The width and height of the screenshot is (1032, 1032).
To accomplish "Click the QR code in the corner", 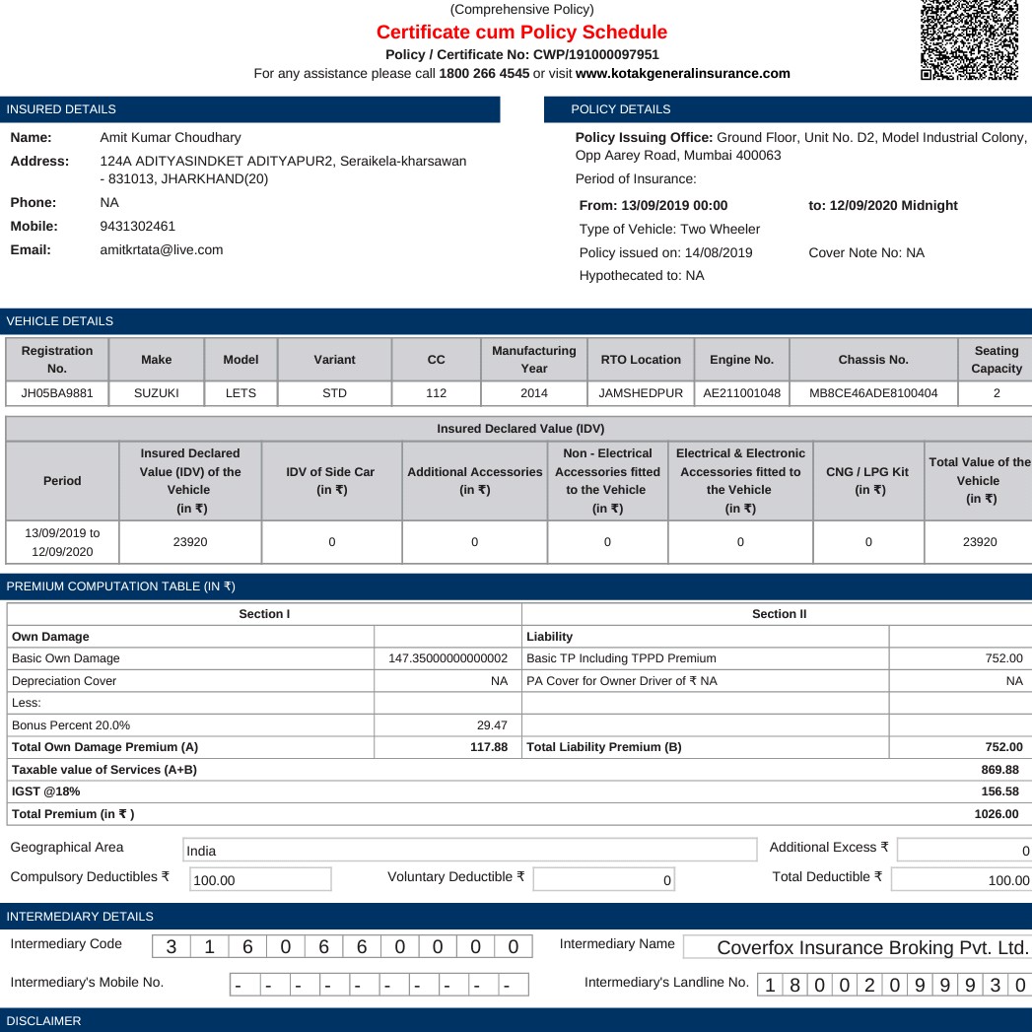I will (969, 39).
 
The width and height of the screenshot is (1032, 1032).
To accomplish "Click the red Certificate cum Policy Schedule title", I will (521, 33).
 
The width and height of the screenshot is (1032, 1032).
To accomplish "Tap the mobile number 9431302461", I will (138, 226).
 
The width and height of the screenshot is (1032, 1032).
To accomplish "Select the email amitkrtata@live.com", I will (162, 249).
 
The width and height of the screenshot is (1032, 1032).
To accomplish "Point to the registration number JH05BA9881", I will (57, 393).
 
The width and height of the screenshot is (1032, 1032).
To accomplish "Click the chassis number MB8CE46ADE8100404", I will (873, 393).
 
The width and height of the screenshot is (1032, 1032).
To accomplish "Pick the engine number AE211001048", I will (742, 393).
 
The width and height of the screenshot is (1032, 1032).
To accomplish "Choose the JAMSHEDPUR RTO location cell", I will (641, 393).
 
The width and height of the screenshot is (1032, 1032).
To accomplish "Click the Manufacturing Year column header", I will (533, 360).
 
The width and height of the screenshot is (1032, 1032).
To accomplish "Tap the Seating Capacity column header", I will (996, 360).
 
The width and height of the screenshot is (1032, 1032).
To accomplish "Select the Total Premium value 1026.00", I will (997, 814).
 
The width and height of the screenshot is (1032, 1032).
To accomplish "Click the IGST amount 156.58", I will (1000, 791).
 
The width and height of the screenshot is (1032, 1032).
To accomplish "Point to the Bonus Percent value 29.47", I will (492, 724).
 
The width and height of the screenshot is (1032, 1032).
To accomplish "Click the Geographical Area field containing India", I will (468, 851).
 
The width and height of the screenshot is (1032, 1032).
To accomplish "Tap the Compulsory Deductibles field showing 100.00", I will (260, 880).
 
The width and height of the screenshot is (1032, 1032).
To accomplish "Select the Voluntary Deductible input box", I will (604, 879).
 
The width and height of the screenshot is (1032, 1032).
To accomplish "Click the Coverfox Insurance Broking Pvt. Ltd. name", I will (872, 948).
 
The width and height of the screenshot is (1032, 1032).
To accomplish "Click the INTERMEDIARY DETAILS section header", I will (80, 917).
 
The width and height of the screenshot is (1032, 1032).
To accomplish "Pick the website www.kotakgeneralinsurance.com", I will (682, 73).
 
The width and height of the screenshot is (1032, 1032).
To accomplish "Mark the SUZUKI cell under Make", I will (156, 393).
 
